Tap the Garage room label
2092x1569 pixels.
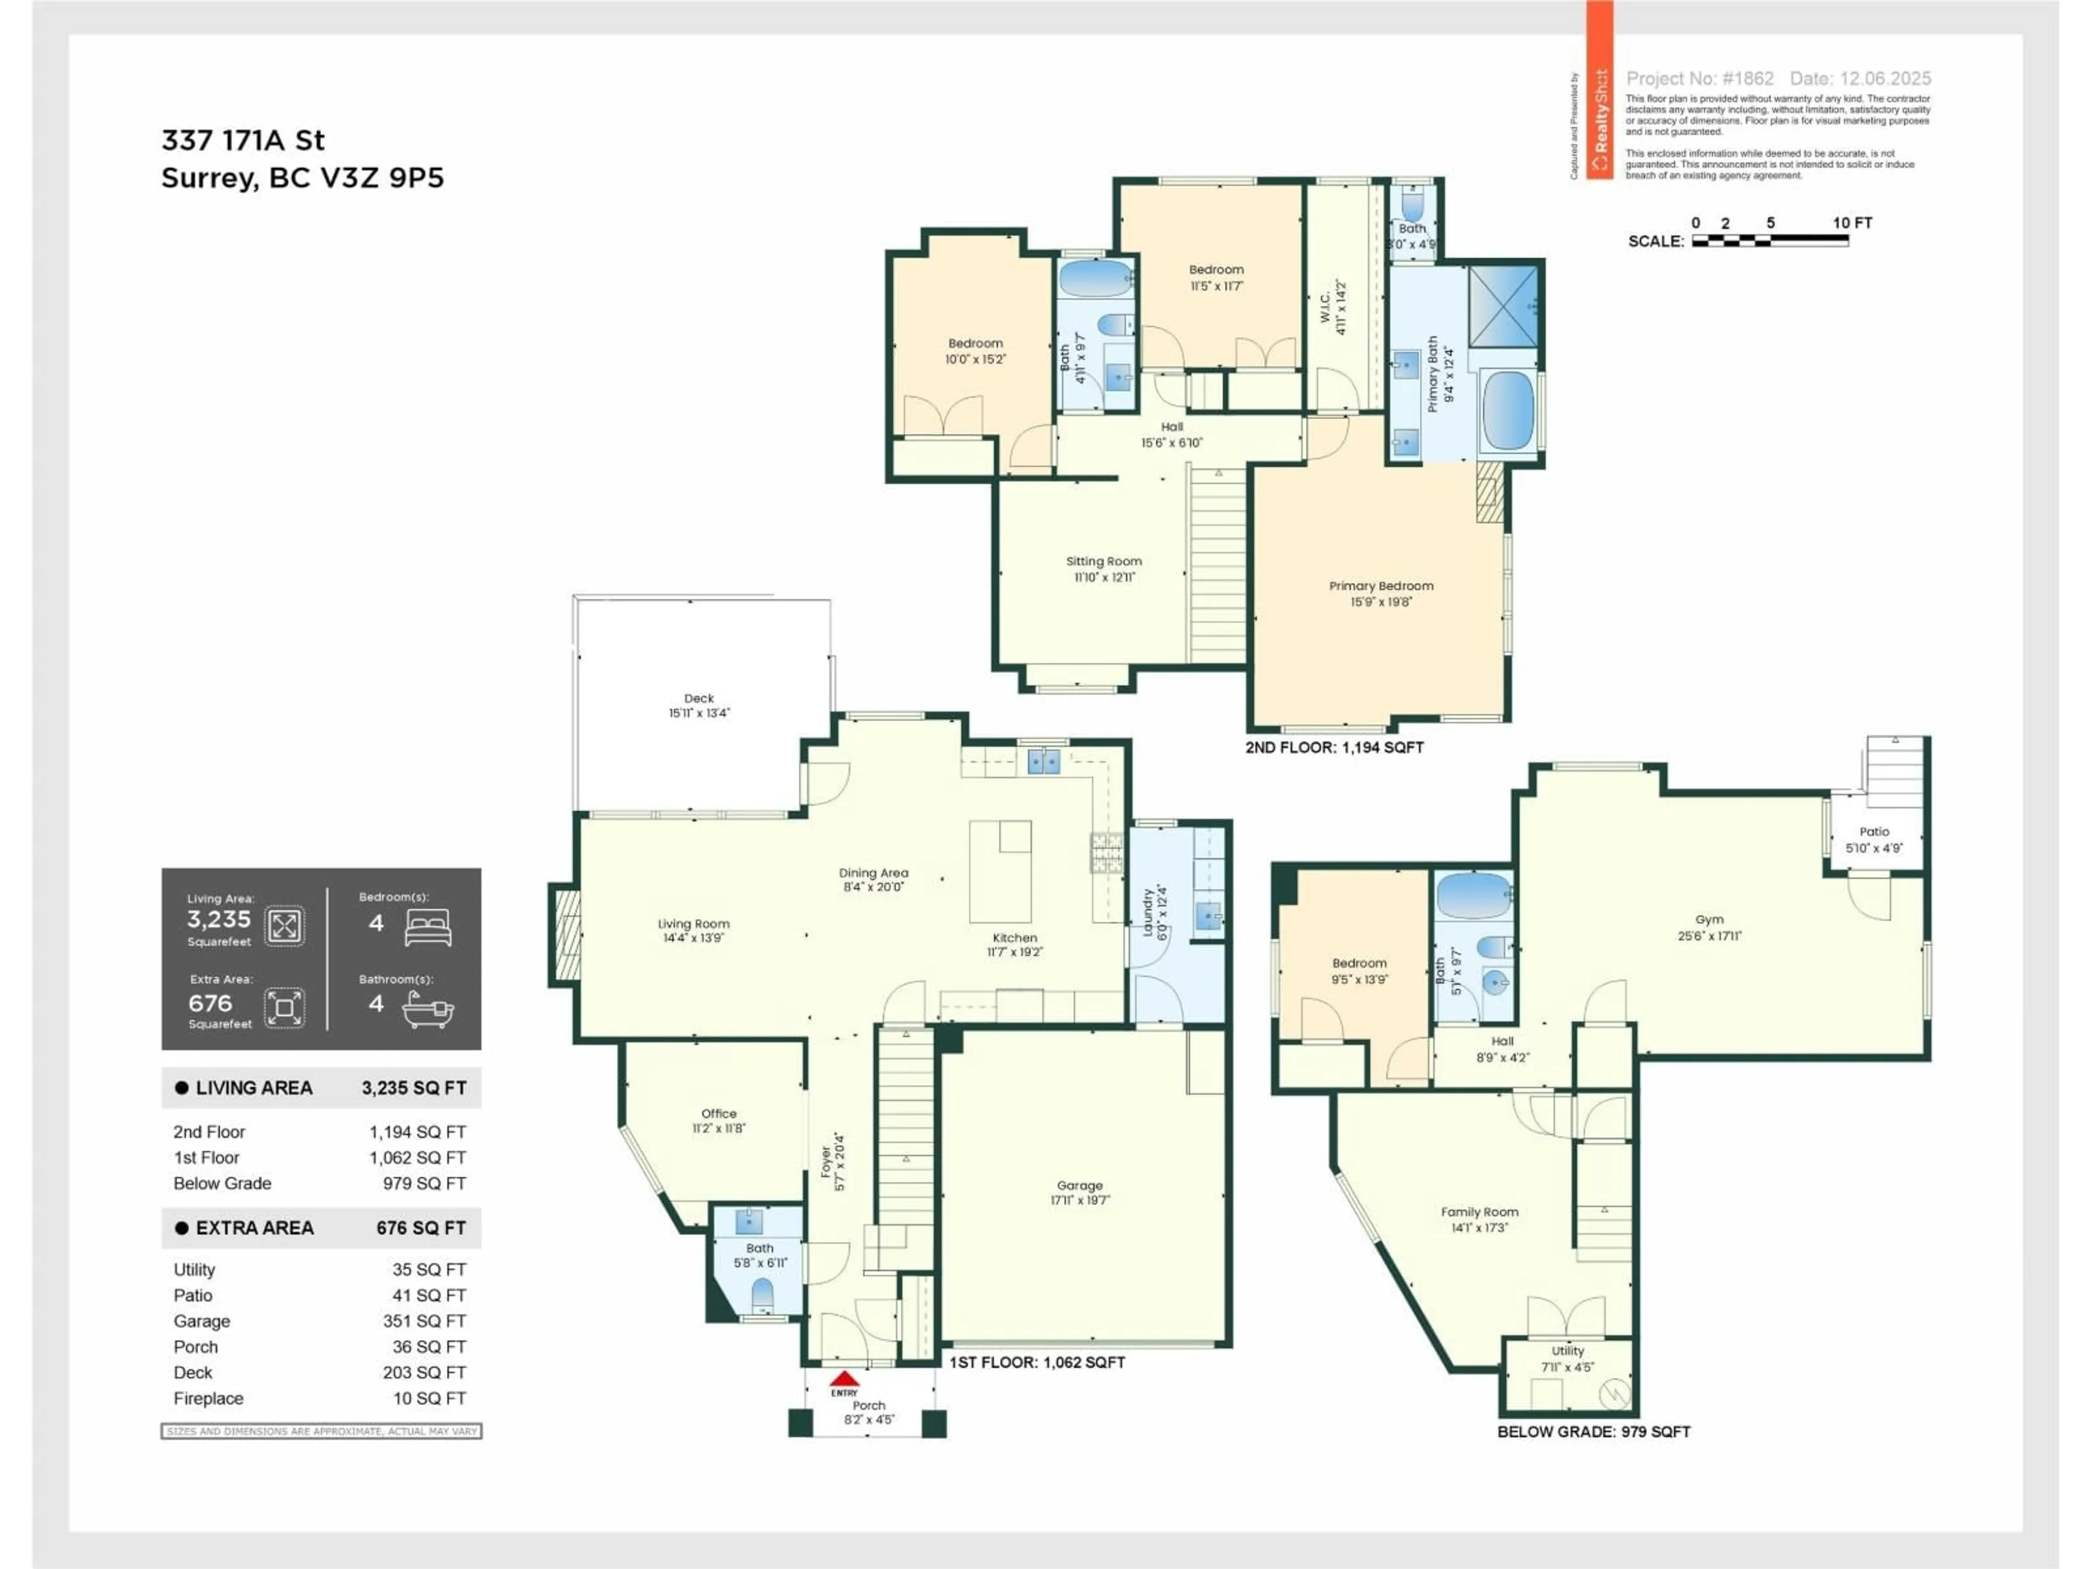[x=1079, y=1185]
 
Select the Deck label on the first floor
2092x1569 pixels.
[x=699, y=698]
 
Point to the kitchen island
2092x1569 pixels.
[x=1000, y=870]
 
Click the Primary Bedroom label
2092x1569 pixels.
[x=1381, y=586]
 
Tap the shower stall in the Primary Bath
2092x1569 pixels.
[x=1503, y=306]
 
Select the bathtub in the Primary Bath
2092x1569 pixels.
[x=1507, y=410]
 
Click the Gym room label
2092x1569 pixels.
[x=1709, y=919]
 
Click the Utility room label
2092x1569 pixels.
[x=1567, y=1351]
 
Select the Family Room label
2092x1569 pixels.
[x=1479, y=1212]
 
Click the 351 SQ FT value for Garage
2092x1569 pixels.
[x=424, y=1321]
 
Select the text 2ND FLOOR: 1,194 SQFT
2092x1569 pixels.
[x=1334, y=747]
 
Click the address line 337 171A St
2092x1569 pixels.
[x=243, y=141]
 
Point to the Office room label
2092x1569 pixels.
[x=719, y=1113]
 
